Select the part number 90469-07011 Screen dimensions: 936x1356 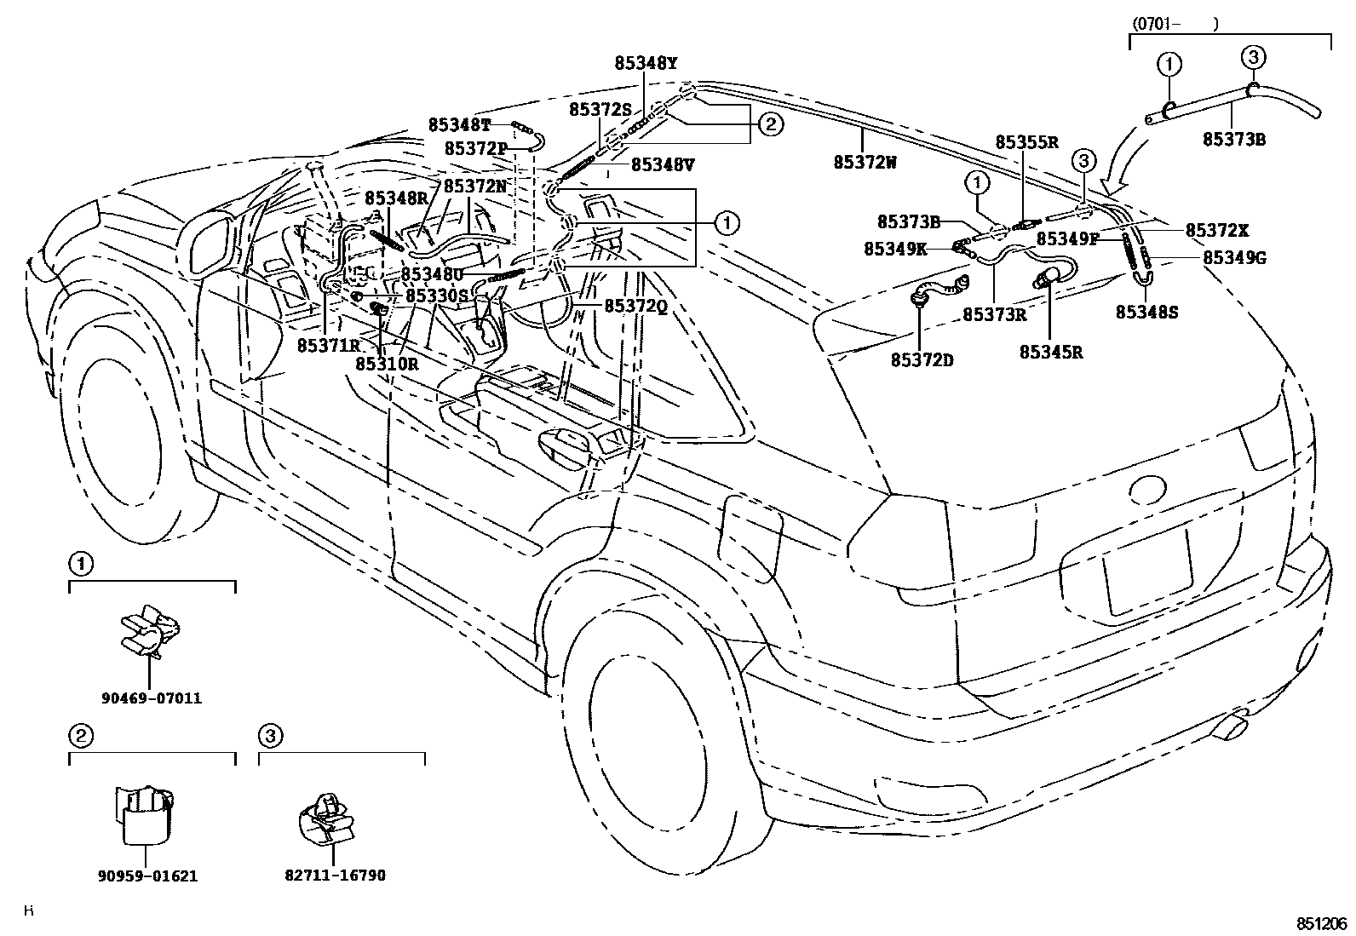click(x=151, y=698)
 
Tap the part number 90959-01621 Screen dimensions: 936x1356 click(x=149, y=876)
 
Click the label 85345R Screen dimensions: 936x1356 click(x=1051, y=352)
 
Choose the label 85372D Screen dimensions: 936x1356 click(x=922, y=360)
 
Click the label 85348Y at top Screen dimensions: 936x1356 click(x=646, y=63)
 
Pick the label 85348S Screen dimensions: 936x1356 click(x=1146, y=313)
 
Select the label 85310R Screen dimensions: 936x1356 click(x=387, y=364)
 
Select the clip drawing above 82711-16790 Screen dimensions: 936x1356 click(x=326, y=819)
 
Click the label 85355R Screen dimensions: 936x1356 click(x=1026, y=142)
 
